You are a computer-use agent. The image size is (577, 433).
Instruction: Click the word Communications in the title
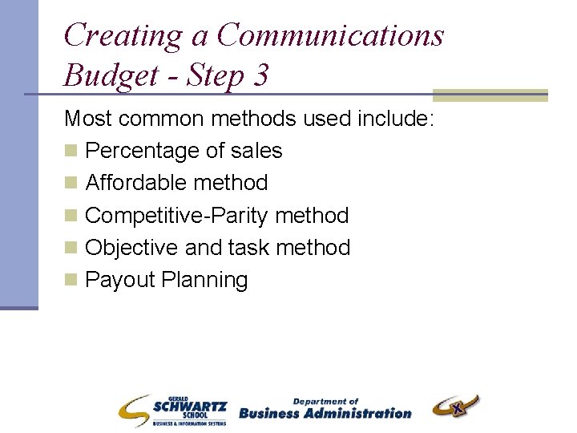point(329,35)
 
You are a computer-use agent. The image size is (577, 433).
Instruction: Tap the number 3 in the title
point(259,75)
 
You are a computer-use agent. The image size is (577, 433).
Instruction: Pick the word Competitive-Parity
point(176,216)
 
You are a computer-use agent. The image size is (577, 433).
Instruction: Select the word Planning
point(204,280)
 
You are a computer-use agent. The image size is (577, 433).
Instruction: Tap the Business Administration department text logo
point(325,409)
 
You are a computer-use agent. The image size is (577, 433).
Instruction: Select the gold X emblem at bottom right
point(456,407)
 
